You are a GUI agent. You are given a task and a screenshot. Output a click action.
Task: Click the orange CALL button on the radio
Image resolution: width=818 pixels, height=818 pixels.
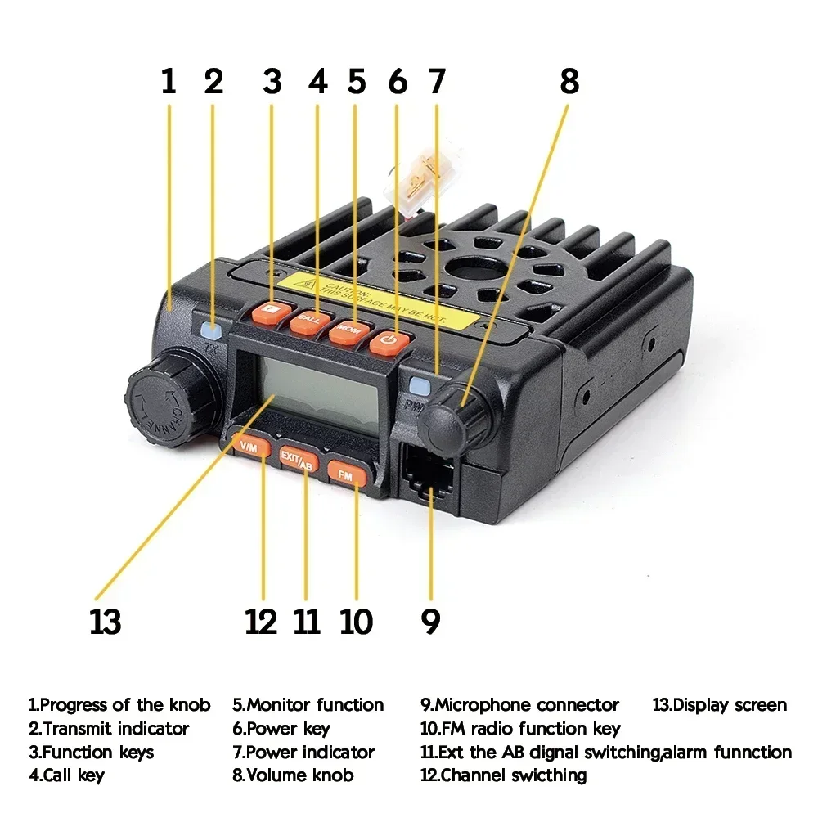309,320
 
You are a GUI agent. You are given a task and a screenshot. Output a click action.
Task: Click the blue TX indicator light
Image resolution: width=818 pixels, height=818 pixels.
211,331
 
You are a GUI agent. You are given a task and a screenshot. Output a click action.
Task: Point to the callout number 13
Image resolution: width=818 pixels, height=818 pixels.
106,622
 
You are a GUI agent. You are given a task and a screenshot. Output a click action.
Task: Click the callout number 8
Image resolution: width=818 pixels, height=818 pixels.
569,82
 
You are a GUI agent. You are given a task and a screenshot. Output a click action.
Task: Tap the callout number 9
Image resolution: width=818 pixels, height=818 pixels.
430,622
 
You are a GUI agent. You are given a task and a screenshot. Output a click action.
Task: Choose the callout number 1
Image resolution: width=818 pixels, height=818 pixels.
169,82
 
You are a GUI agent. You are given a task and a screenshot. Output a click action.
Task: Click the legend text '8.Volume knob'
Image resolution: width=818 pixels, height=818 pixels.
293,775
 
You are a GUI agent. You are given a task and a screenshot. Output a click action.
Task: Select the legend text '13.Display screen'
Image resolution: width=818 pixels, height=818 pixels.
719,705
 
